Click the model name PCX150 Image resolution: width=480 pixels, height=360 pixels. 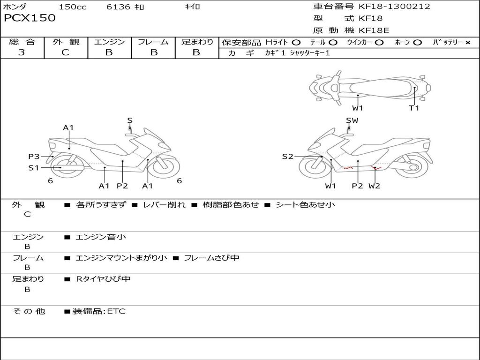tap(30, 18)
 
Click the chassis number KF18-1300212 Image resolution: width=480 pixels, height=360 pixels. tap(394, 7)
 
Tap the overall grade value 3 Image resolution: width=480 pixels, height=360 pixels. tap(22, 52)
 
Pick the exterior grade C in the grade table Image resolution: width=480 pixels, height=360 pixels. tap(66, 52)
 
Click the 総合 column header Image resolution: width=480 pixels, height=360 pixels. tap(22, 42)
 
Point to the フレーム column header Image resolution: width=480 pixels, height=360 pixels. tap(153, 42)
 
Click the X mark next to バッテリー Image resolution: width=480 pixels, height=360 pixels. tap(467, 43)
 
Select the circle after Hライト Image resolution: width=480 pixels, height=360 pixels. tap(296, 43)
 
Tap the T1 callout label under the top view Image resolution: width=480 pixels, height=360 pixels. tap(414, 108)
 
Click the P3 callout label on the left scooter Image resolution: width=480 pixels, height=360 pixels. tap(34, 157)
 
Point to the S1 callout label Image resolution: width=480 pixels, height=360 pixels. tap(34, 167)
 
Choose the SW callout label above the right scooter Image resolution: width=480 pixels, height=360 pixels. tap(352, 120)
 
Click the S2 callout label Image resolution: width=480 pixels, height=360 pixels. tap(288, 157)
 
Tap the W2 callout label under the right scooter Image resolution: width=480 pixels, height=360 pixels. tap(374, 186)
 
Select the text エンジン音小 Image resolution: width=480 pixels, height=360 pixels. tap(101, 237)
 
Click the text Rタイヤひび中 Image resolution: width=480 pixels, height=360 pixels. tap(104, 279)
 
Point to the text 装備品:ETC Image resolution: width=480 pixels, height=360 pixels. tap(99, 311)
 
